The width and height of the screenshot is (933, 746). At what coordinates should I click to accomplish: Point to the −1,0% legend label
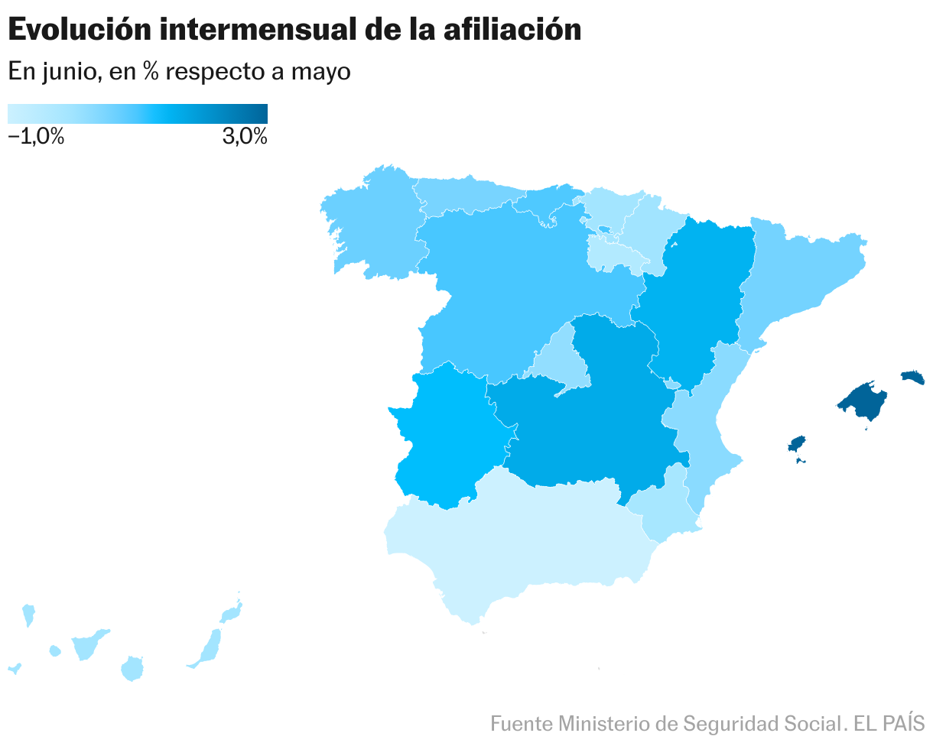click(x=36, y=137)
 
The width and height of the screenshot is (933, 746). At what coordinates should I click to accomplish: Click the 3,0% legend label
click(x=245, y=137)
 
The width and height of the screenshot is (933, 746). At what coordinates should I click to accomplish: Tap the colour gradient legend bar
click(x=138, y=113)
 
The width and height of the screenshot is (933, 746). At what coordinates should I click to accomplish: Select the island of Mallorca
click(x=864, y=399)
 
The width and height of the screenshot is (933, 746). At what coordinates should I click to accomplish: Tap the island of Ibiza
click(x=797, y=445)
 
